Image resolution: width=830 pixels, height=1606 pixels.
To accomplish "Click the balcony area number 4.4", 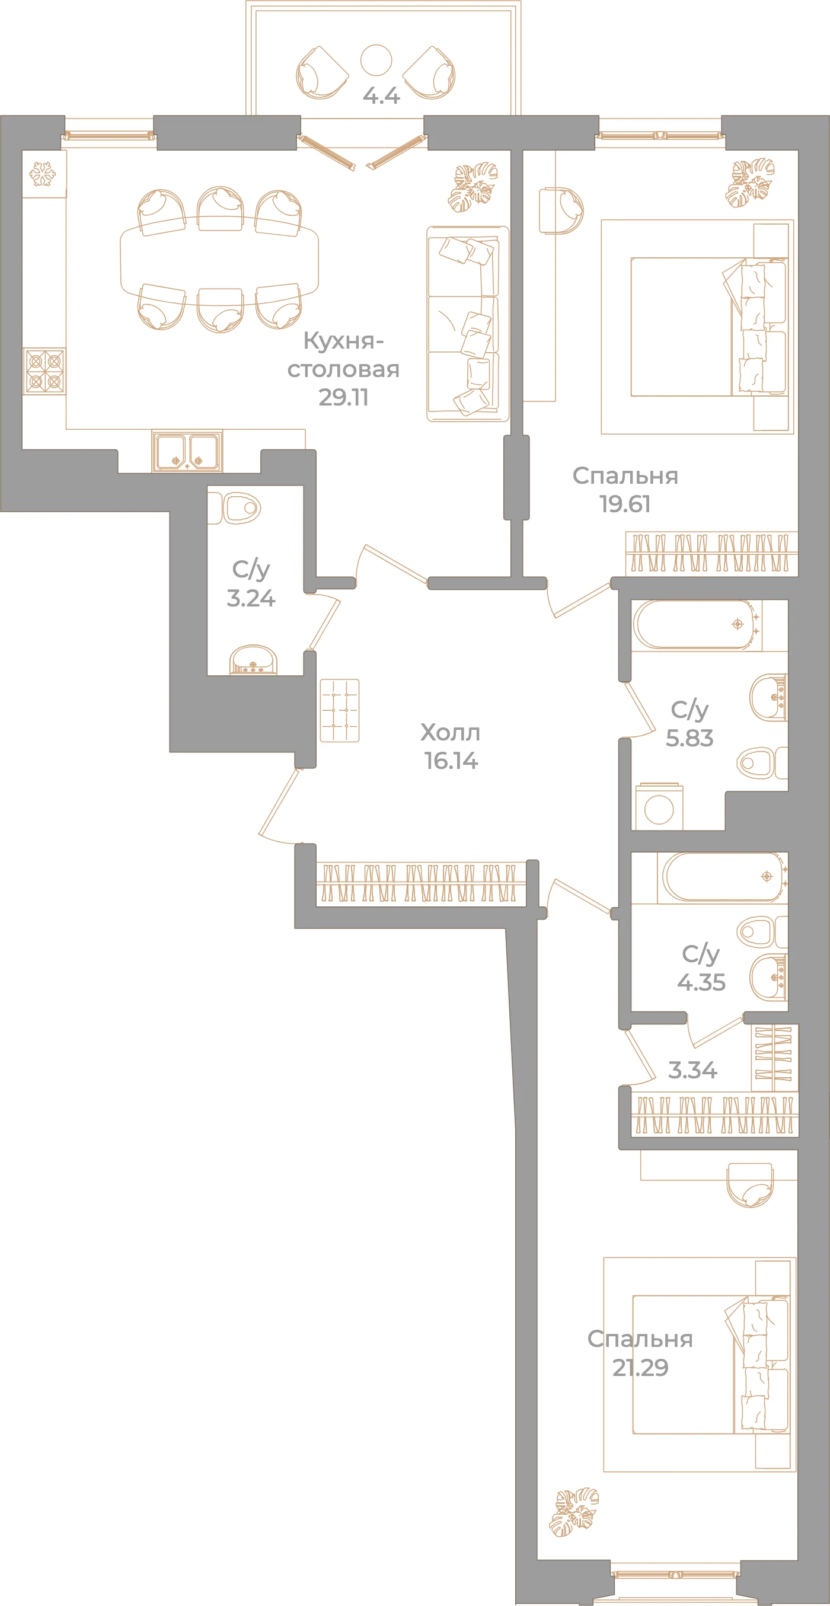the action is coord(381,95).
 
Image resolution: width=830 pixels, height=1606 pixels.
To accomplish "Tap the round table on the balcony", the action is coord(376,60).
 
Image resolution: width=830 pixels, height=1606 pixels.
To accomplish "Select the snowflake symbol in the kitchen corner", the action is coord(43,174).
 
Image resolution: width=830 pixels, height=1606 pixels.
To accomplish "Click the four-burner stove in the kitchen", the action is coord(44,372).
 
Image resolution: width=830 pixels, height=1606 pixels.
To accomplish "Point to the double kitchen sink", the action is coord(187,451).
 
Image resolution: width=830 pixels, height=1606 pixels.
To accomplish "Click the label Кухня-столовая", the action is coord(343,355).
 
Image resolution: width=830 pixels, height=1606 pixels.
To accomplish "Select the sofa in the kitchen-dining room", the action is coord(468,324).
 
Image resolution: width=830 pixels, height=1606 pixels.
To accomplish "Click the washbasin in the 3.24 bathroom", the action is coord(253,660).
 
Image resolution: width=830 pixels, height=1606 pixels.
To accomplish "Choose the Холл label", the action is coord(450,733).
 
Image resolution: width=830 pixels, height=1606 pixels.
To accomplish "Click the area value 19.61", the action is coord(625,504).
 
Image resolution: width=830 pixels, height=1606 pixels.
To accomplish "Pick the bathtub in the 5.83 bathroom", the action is coord(697,625).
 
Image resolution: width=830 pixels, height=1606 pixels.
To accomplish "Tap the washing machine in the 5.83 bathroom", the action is coord(659,808).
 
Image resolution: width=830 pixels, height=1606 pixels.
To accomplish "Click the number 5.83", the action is coord(689,738).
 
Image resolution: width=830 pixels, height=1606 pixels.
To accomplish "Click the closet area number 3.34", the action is coord(692,1071).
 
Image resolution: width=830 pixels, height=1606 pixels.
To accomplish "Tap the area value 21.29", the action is coord(640,1367).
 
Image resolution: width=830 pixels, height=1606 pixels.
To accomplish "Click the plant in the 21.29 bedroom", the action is coord(574,1513).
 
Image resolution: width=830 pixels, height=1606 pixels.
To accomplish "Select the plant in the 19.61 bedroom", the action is coord(750,183).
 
